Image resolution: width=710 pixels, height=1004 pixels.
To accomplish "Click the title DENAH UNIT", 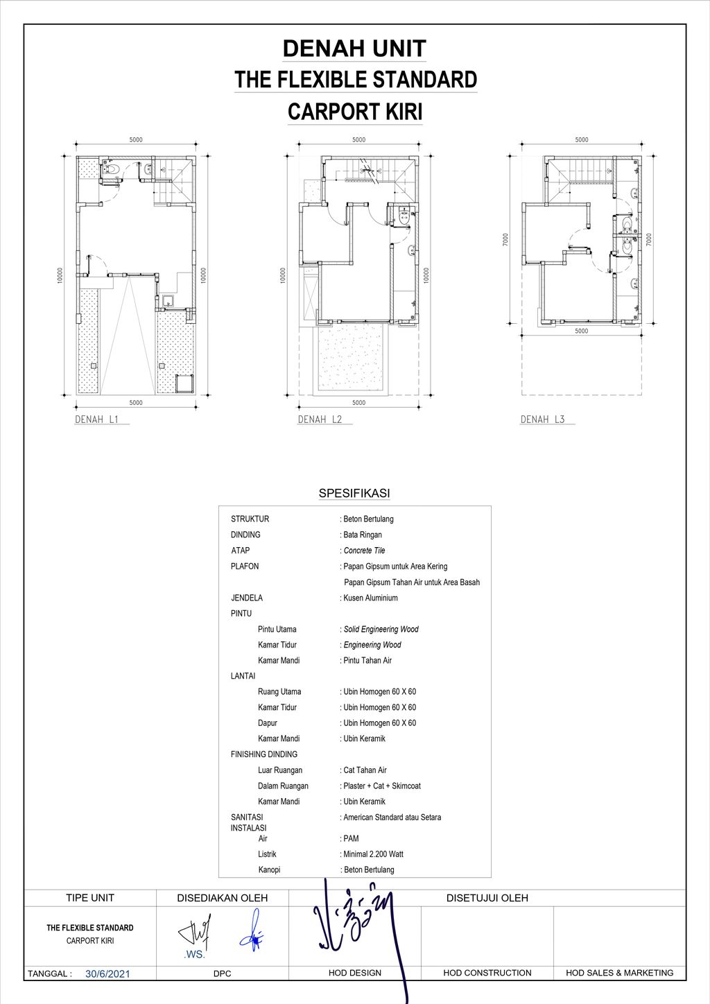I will (354, 49).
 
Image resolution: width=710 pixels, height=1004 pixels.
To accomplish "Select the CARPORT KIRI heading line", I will (354, 112).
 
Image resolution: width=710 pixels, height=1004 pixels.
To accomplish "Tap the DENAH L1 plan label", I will (97, 419).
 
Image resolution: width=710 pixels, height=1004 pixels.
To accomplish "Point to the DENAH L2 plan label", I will (320, 419).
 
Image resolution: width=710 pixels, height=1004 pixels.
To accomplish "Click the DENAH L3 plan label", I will (543, 419).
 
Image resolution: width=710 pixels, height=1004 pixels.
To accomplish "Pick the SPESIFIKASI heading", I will (354, 494).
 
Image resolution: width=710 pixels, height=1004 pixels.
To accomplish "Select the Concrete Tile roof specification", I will (364, 551).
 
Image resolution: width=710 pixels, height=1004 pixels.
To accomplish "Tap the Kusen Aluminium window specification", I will (370, 598).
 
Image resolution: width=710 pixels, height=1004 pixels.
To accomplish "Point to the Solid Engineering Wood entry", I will (381, 630).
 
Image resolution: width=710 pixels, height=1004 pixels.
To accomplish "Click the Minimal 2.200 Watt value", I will (373, 854).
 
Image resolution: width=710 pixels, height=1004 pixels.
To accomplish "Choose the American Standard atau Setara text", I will (392, 817).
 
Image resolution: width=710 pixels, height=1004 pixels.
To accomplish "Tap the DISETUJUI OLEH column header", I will (487, 898).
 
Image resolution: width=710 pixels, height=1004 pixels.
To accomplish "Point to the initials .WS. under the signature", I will (191, 955).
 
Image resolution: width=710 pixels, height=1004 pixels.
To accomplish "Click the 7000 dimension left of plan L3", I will (507, 240).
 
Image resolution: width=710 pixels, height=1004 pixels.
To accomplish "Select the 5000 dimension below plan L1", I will (136, 403).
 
